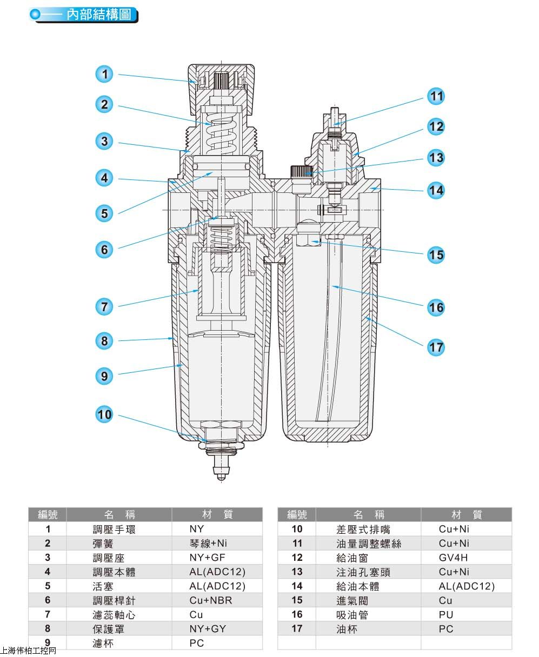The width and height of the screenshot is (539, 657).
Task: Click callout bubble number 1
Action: (104, 74)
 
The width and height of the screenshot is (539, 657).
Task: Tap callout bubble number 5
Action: (104, 213)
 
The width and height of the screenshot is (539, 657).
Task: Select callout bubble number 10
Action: (104, 414)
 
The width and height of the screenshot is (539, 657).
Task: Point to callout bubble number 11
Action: (436, 97)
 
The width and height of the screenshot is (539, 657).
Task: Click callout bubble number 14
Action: (436, 190)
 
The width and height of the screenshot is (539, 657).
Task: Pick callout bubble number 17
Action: (436, 347)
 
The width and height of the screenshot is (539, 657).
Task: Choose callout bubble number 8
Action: (104, 340)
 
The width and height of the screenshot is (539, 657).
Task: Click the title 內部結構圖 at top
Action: (98, 15)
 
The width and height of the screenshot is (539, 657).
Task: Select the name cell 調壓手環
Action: (114, 529)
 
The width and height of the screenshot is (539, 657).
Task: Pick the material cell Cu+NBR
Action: (211, 600)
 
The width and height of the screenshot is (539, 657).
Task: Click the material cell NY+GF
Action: (207, 558)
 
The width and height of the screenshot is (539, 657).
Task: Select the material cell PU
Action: (446, 614)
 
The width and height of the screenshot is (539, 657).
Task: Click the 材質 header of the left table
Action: (217, 514)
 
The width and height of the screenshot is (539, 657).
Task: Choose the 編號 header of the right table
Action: (297, 514)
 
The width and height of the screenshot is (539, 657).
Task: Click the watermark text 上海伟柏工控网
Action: (29, 650)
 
